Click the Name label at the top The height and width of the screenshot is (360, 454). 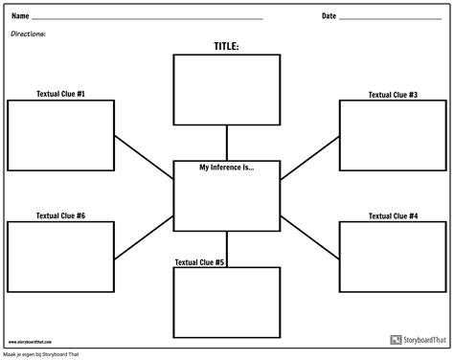coord(19,16)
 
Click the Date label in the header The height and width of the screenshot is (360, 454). coord(329,16)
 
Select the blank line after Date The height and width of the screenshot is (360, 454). coord(390,19)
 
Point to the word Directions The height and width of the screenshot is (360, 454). coord(29,34)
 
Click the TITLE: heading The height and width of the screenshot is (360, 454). coord(226,45)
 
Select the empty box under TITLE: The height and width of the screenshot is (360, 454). coord(226,90)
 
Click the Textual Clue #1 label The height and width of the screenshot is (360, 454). coord(60,94)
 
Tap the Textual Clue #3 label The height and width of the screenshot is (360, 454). coord(393,95)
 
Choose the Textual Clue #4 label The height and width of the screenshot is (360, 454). coord(393,216)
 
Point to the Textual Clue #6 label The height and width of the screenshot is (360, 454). coord(60,215)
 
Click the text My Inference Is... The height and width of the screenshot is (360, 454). coord(226,168)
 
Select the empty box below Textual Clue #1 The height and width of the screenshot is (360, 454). coord(60,134)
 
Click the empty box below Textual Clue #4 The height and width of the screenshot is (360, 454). coord(393,257)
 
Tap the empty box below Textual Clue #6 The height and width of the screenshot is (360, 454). coord(60,256)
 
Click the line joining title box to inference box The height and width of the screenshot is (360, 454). coord(226,143)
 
